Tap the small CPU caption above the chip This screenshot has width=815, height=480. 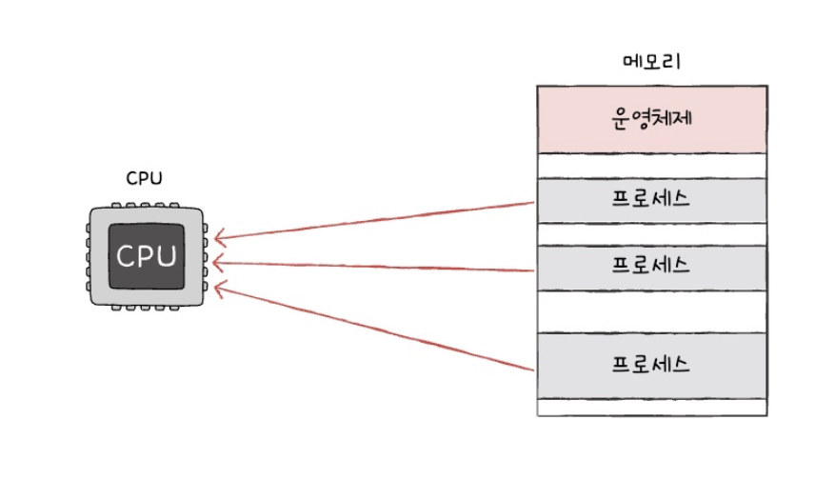pos(144,178)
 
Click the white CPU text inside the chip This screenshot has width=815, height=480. pos(146,256)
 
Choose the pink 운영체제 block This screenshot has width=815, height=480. pos(651,119)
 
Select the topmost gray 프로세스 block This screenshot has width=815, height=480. pos(651,201)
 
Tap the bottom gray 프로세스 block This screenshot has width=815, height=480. pos(651,366)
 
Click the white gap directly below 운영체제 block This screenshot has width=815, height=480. pos(651,166)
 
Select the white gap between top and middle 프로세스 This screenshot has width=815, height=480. pos(651,234)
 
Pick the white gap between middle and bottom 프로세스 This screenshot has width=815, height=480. pos(651,311)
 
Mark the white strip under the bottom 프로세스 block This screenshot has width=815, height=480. pos(651,408)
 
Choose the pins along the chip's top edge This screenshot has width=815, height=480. pos(146,205)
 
